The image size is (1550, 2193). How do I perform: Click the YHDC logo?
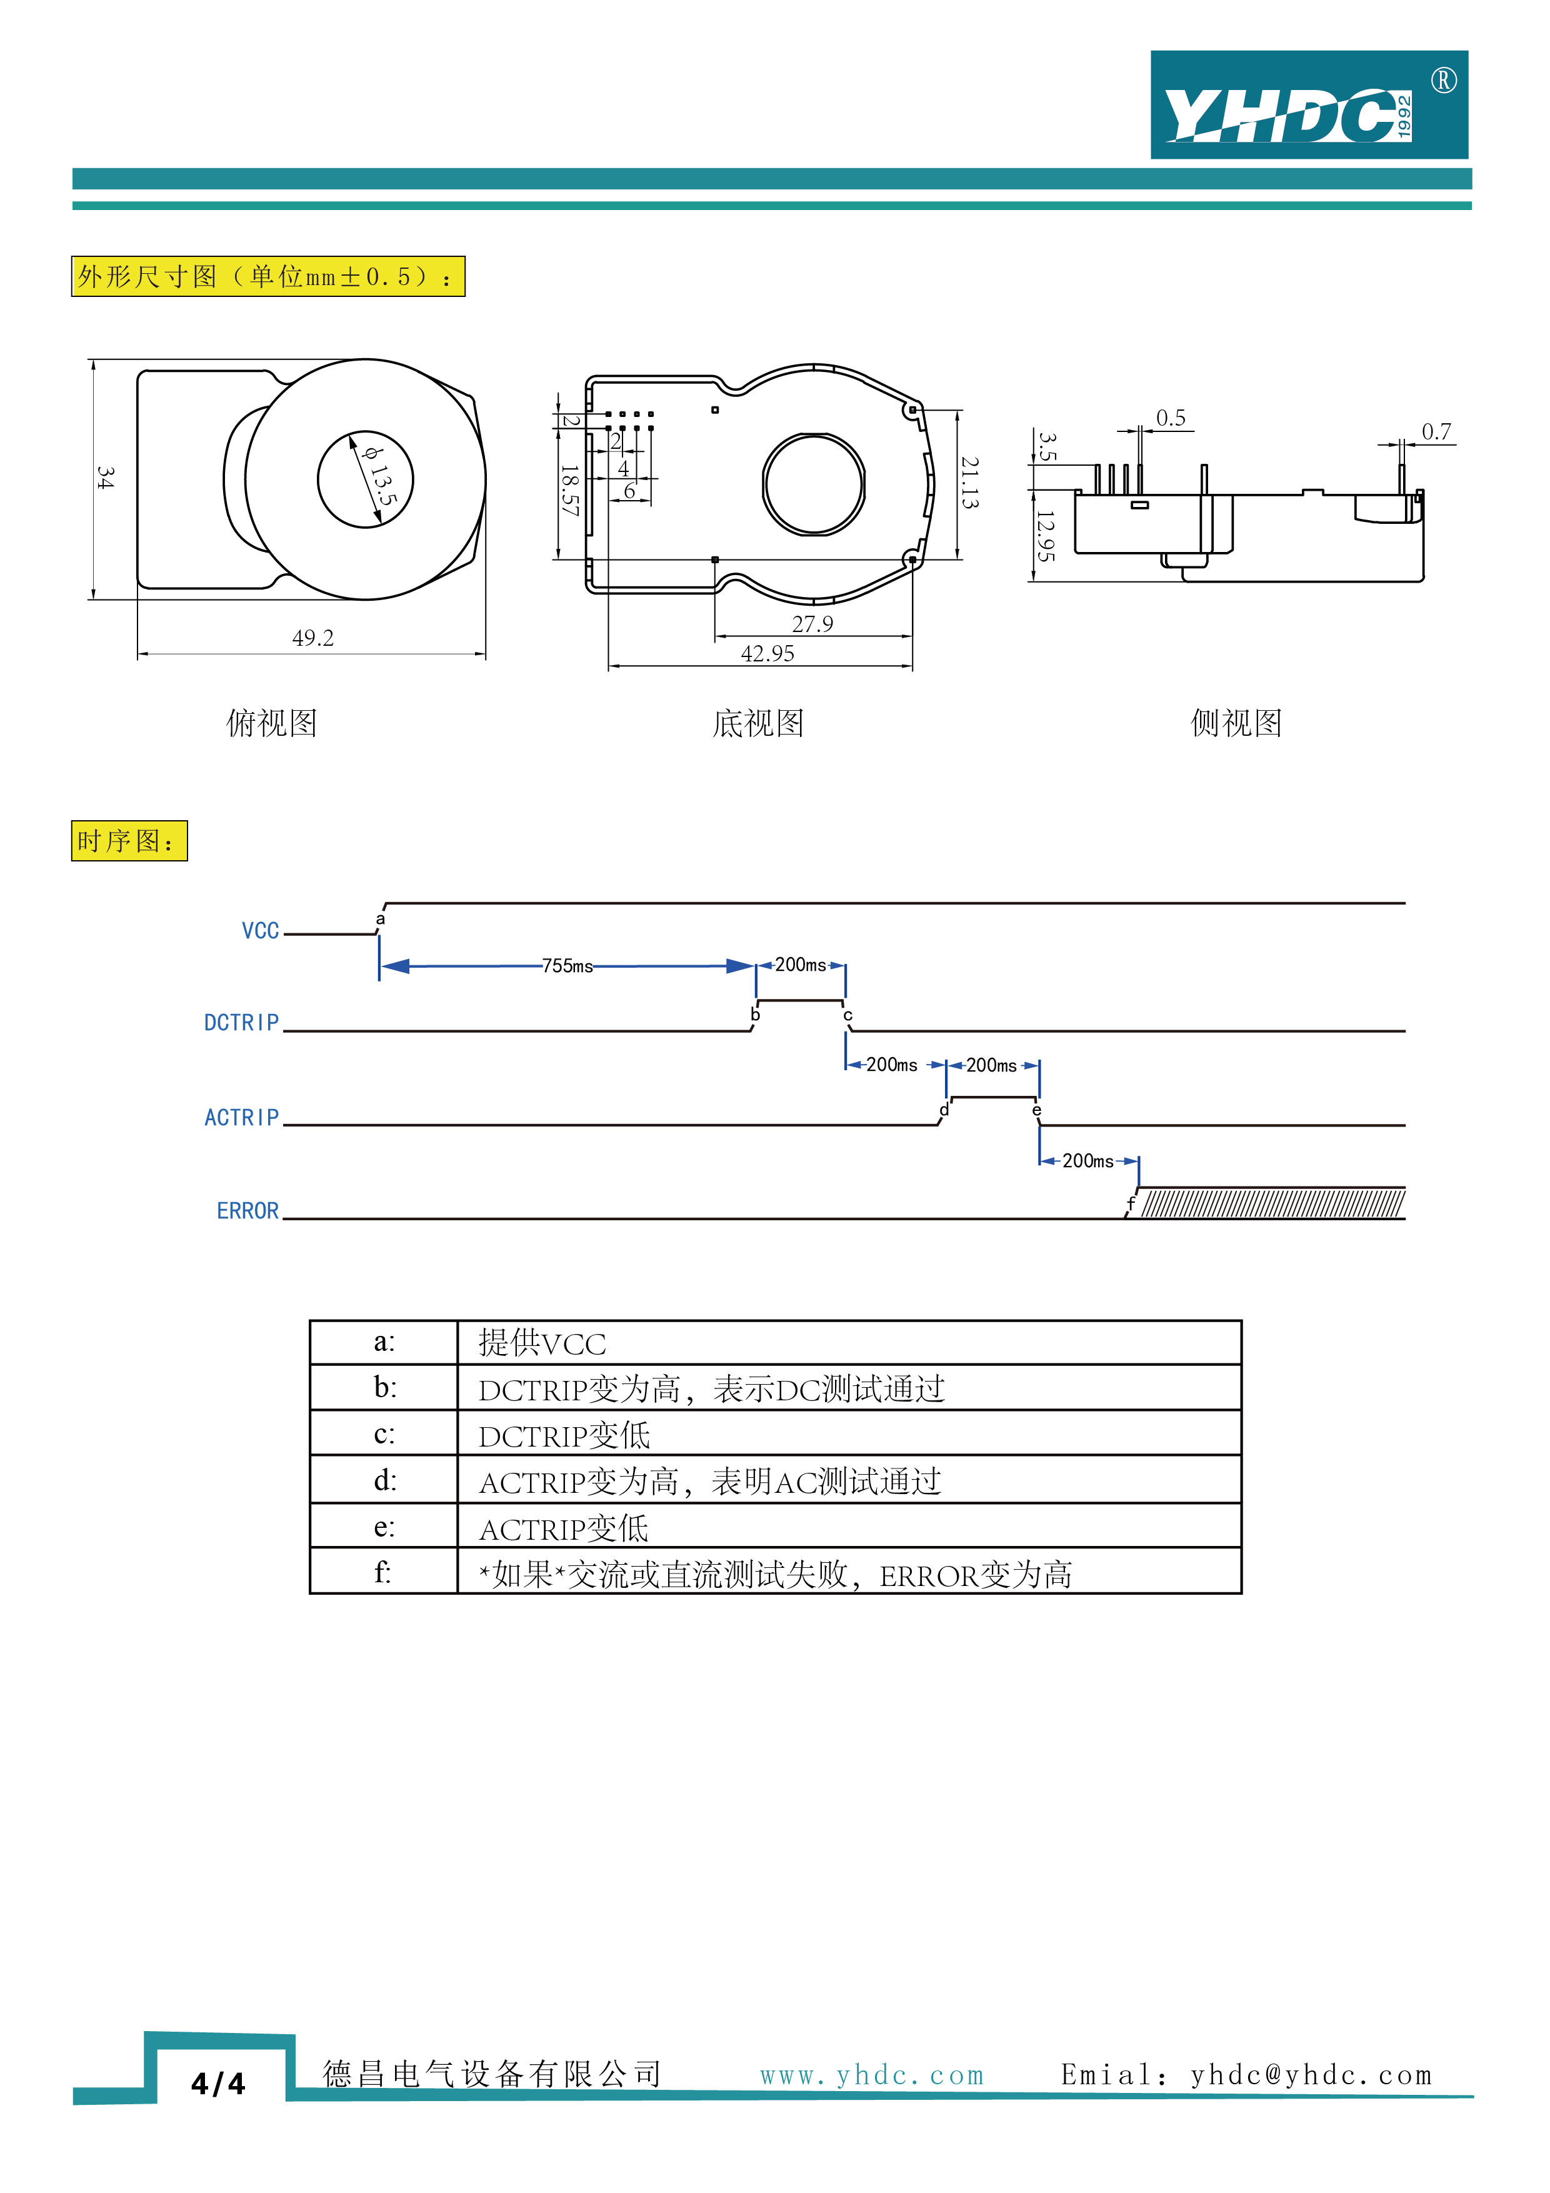1307,105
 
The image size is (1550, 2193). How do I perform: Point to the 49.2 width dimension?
312,638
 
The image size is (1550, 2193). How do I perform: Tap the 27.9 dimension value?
812,625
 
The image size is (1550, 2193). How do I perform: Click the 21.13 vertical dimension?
969,483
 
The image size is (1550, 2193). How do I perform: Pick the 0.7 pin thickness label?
1436,432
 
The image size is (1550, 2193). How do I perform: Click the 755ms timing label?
567,966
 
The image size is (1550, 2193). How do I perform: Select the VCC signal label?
260,931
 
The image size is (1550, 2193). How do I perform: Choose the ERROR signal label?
247,1211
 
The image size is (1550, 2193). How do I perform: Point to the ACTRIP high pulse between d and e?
992,1098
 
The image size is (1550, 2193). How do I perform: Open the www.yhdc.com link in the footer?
871,2075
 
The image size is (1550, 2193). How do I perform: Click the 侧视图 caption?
1236,723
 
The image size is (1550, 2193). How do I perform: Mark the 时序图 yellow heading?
129,841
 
